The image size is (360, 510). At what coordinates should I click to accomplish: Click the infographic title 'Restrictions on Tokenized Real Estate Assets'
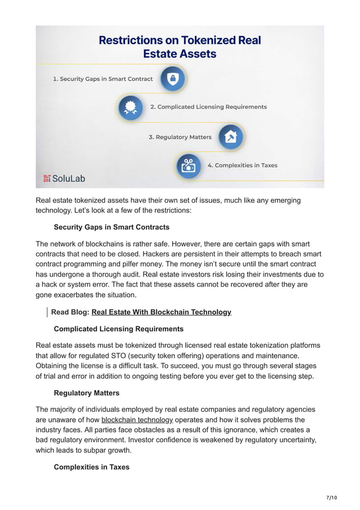pos(180,47)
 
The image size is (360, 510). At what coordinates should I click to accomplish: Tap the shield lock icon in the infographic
pos(173,79)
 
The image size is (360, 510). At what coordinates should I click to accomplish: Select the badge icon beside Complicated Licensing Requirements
pos(130,107)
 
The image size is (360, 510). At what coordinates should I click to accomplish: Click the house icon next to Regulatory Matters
pos(231,137)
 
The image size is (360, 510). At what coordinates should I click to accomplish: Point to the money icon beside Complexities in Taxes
pos(188,165)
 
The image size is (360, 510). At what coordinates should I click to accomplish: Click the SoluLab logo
pos(64,178)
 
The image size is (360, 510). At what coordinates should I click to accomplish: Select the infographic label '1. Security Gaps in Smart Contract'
pos(103,79)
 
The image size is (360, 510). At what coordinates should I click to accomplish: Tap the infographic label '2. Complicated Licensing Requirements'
pos(208,107)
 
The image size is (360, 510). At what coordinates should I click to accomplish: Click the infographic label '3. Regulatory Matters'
pos(180,137)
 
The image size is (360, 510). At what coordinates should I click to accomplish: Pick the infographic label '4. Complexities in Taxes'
pos(242,165)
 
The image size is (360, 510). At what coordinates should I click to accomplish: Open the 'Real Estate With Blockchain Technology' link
pos(161,312)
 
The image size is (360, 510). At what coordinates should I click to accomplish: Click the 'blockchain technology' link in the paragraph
pos(137,420)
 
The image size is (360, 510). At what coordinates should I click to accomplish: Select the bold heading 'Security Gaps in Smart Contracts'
pos(111,227)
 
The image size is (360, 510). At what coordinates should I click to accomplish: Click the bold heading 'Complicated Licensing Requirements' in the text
pos(118,329)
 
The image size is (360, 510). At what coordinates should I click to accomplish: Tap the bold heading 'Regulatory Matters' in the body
pos(86,393)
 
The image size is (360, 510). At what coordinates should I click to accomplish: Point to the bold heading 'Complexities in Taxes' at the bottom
pos(91,467)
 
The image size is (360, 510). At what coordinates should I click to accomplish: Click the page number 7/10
pos(331,498)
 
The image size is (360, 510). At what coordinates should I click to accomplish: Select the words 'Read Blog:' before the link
pos(70,312)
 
